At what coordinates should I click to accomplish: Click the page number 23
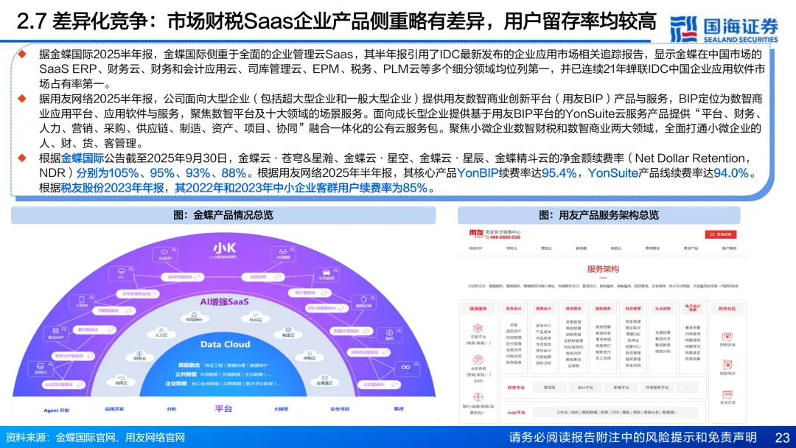point(781,437)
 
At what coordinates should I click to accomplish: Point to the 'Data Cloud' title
point(225,344)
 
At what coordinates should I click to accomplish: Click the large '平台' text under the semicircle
point(223,409)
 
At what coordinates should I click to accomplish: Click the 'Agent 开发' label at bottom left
point(56,410)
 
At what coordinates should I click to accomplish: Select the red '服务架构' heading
point(603,269)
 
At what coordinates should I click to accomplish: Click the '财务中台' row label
point(516,387)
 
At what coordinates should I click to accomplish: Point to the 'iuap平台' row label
point(516,413)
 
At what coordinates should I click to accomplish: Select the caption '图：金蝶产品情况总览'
point(223,215)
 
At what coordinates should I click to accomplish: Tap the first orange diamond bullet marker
point(22,54)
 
